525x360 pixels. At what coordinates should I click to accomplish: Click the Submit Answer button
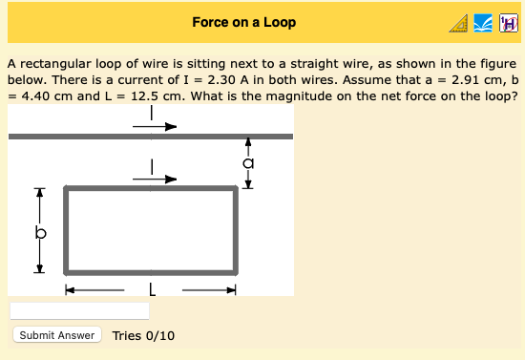[57, 335]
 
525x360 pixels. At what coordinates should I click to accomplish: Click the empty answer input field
[79, 311]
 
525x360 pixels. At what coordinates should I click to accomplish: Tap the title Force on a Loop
[243, 22]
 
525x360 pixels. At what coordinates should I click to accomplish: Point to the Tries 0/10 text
[142, 335]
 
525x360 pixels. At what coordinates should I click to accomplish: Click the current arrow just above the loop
[158, 178]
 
